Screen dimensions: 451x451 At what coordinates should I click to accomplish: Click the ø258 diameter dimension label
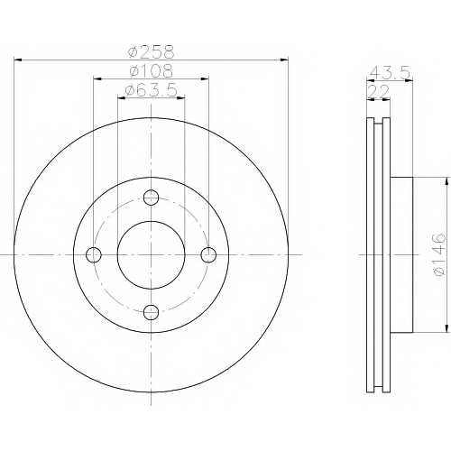(152, 51)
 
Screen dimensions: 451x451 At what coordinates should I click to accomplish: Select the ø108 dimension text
(152, 70)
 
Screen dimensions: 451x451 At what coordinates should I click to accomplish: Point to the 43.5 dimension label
(390, 72)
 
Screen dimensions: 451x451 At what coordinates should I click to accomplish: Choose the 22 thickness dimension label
(379, 92)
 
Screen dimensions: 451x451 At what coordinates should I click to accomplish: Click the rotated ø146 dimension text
(437, 254)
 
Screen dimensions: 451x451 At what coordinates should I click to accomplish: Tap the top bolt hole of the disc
(151, 198)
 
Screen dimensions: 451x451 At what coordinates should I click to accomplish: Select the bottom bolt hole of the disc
(151, 312)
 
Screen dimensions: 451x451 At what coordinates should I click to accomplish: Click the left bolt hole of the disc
(94, 255)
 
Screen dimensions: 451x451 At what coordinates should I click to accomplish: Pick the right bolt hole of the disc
(208, 255)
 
